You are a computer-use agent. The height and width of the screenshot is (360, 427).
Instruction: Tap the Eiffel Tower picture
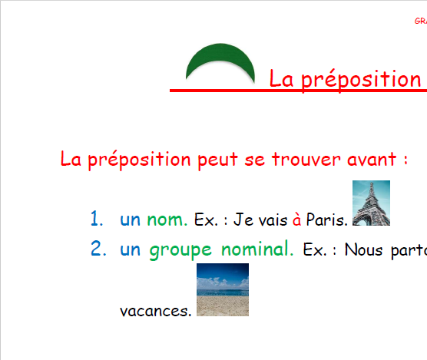370,203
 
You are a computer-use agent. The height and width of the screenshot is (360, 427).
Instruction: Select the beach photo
223,290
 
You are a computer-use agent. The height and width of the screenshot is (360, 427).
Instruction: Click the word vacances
156,311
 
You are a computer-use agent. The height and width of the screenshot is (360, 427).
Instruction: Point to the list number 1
96,220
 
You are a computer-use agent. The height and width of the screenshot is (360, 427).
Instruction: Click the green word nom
167,220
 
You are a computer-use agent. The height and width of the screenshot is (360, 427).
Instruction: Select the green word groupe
180,250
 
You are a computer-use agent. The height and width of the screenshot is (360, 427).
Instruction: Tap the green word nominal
257,249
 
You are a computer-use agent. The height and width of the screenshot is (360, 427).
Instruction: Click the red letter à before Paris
296,221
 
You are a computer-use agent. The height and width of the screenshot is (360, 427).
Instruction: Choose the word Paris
326,221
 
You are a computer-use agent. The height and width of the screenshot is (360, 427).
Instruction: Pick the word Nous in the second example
363,250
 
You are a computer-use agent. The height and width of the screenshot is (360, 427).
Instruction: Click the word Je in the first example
243,221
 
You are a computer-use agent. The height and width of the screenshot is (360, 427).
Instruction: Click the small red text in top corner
420,21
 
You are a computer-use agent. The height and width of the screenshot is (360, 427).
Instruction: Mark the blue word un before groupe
131,250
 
